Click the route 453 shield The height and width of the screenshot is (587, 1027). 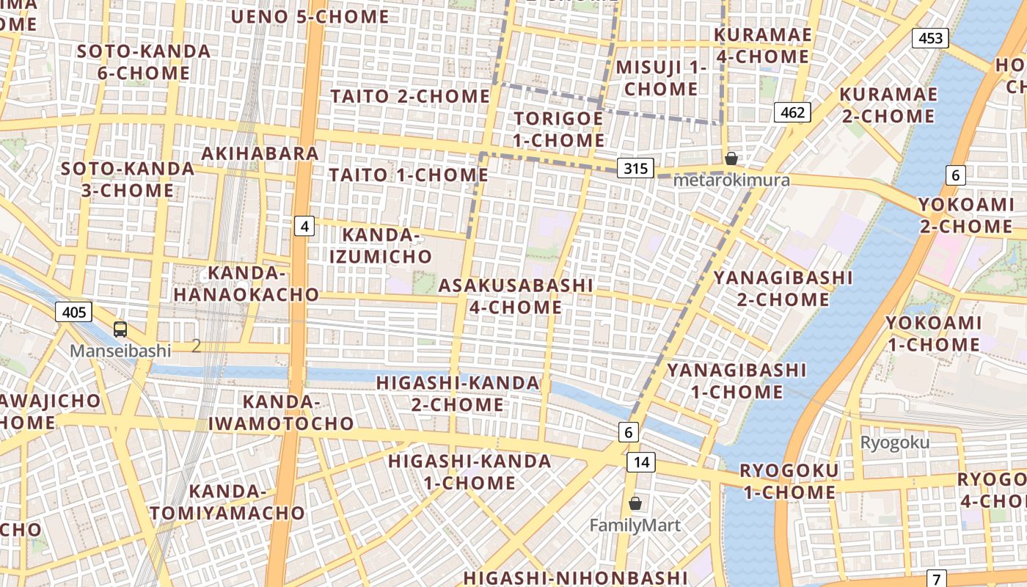(930, 38)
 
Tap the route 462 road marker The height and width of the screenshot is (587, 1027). (792, 112)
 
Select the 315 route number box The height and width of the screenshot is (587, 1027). (635, 169)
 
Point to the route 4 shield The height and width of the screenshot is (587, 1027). (304, 226)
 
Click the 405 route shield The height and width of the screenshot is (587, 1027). (73, 313)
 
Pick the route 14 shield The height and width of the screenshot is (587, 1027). (641, 462)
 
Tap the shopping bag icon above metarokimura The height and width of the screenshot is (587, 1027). (731, 158)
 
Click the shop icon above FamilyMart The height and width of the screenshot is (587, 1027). (635, 503)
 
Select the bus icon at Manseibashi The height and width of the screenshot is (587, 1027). (120, 329)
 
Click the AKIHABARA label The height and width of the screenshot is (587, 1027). (260, 153)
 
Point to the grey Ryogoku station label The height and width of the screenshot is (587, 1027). (894, 442)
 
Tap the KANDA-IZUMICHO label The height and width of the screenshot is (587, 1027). (380, 246)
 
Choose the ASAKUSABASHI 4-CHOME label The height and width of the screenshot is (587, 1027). (515, 296)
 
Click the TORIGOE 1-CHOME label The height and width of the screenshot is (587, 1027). (559, 129)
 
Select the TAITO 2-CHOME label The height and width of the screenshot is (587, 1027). (410, 96)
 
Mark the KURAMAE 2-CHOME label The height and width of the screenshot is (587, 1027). (888, 106)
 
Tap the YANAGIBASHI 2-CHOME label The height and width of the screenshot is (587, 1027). (783, 288)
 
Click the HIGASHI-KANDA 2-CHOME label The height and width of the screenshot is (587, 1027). (458, 394)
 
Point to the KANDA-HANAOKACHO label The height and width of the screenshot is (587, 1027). (263, 284)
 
